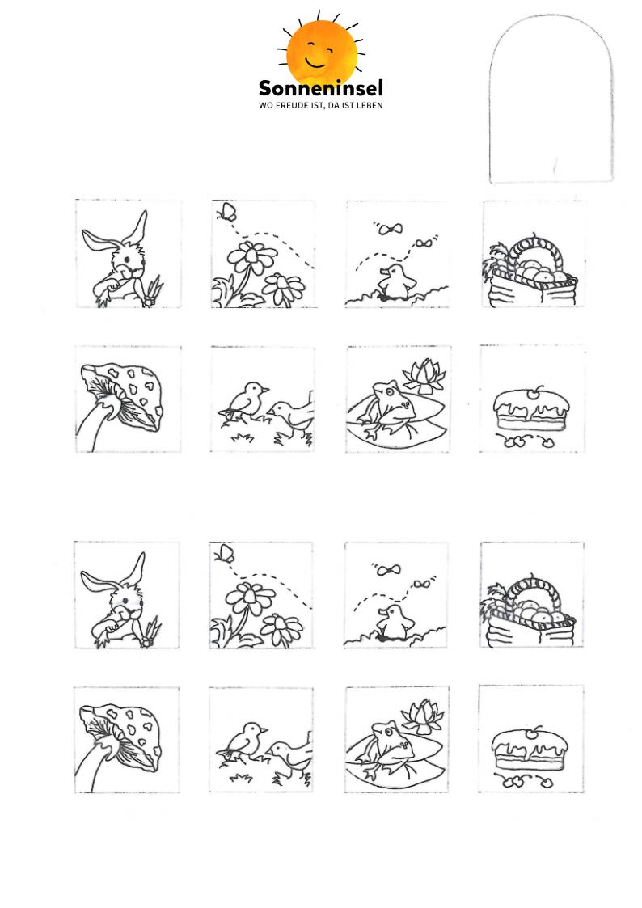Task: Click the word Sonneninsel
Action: [x=321, y=89]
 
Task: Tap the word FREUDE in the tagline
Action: [x=293, y=105]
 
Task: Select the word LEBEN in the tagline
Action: [x=370, y=105]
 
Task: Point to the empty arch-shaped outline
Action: [x=490, y=99]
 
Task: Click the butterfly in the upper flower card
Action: [x=227, y=211]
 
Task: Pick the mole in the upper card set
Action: [x=396, y=282]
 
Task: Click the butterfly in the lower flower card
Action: [x=225, y=554]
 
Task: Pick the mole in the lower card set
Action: [x=395, y=623]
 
